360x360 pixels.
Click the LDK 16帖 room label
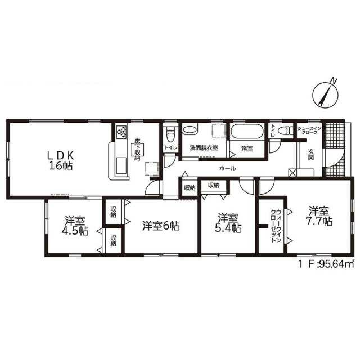[x=61, y=161]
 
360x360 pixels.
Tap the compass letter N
[x=334, y=81]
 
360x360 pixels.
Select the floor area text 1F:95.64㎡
[x=326, y=264]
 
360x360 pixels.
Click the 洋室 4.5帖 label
[x=75, y=226]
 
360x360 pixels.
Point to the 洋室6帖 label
[x=161, y=226]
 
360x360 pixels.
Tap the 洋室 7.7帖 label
[x=319, y=216]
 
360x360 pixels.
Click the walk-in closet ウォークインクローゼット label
[x=276, y=226]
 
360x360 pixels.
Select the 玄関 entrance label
[x=311, y=154]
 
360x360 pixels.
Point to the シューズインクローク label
[x=309, y=130]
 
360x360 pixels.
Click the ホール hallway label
[x=227, y=169]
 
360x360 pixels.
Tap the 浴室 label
[x=247, y=148]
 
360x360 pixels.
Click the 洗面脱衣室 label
[x=204, y=148]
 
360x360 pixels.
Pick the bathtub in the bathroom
[x=247, y=131]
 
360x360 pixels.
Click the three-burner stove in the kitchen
[x=121, y=132]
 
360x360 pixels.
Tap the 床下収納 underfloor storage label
[x=137, y=150]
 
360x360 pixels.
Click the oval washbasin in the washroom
[x=190, y=129]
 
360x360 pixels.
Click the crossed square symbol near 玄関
[x=292, y=173]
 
